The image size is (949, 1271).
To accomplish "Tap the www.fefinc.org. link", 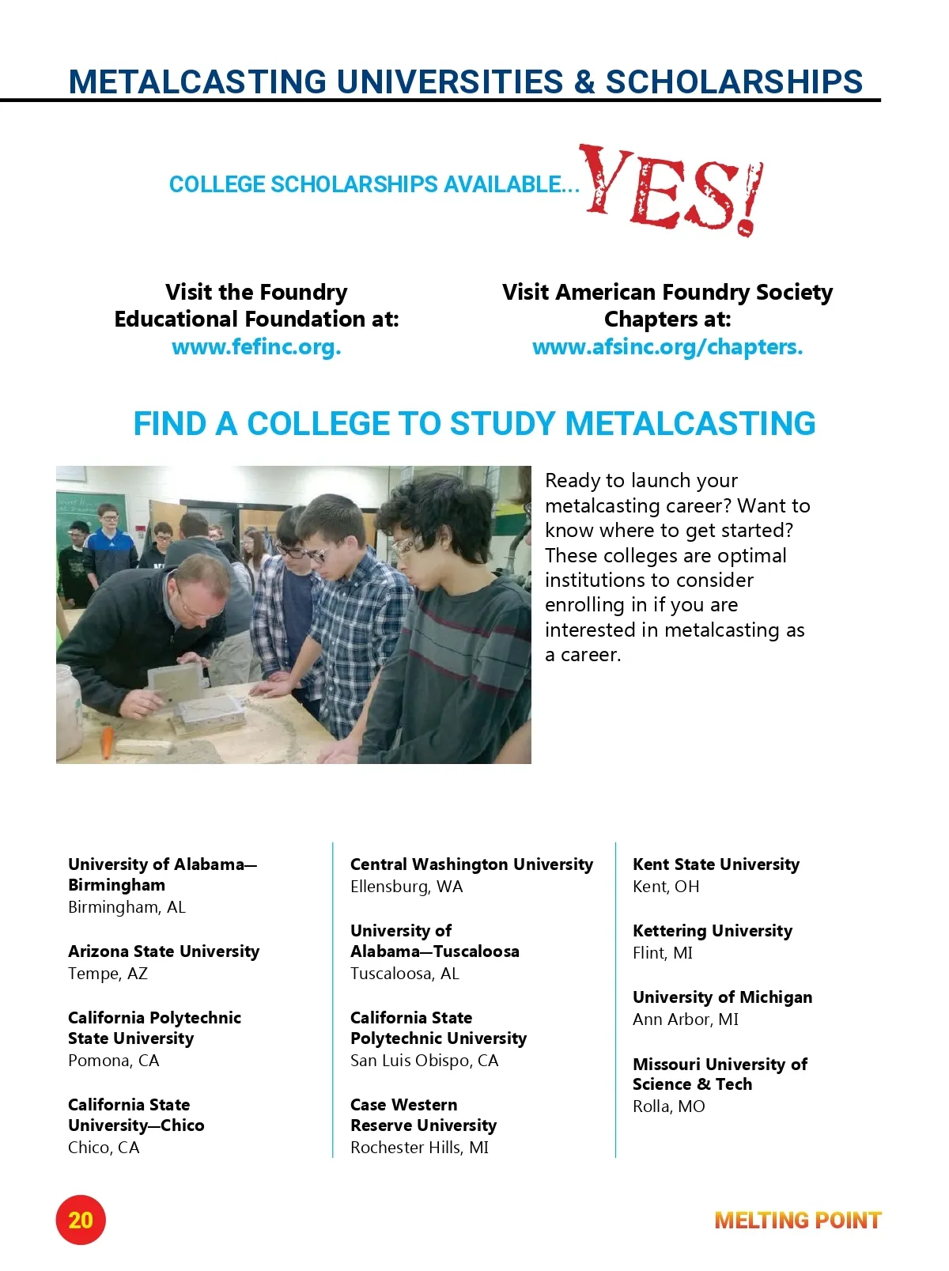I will coord(256,347).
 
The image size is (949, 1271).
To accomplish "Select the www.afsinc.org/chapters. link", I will coord(667,347).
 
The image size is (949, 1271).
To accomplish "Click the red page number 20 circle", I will coord(81,1220).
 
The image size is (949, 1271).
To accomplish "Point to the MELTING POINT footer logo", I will coord(797,1220).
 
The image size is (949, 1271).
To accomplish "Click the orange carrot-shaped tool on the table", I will coord(107,742).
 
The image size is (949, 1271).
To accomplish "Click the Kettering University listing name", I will coord(712,931).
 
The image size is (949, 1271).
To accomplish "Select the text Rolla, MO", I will coord(668,1106).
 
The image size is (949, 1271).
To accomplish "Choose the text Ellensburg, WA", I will coord(406,887).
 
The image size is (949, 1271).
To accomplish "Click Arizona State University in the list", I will coord(164,951).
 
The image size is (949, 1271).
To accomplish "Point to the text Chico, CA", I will coord(104,1148).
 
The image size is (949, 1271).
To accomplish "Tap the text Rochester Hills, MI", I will coord(419,1148).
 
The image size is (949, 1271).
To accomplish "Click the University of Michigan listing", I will coord(722,997).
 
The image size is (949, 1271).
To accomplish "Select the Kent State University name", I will coord(716,864).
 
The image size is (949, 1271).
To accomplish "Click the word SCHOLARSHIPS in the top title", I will coord(734,82).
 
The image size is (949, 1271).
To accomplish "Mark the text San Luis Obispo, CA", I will coord(424,1061).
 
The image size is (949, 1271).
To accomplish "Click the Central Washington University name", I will coord(471,864).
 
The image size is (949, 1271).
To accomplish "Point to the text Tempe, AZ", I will coord(108,974).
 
